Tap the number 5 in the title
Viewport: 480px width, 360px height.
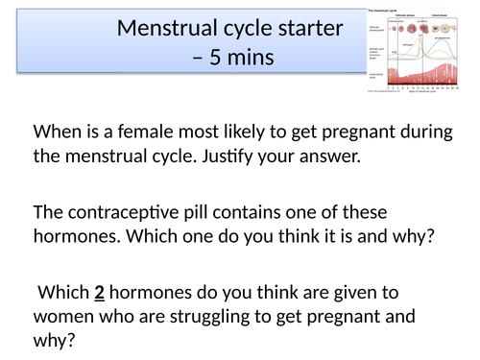[211, 58]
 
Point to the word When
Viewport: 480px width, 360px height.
[57, 132]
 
